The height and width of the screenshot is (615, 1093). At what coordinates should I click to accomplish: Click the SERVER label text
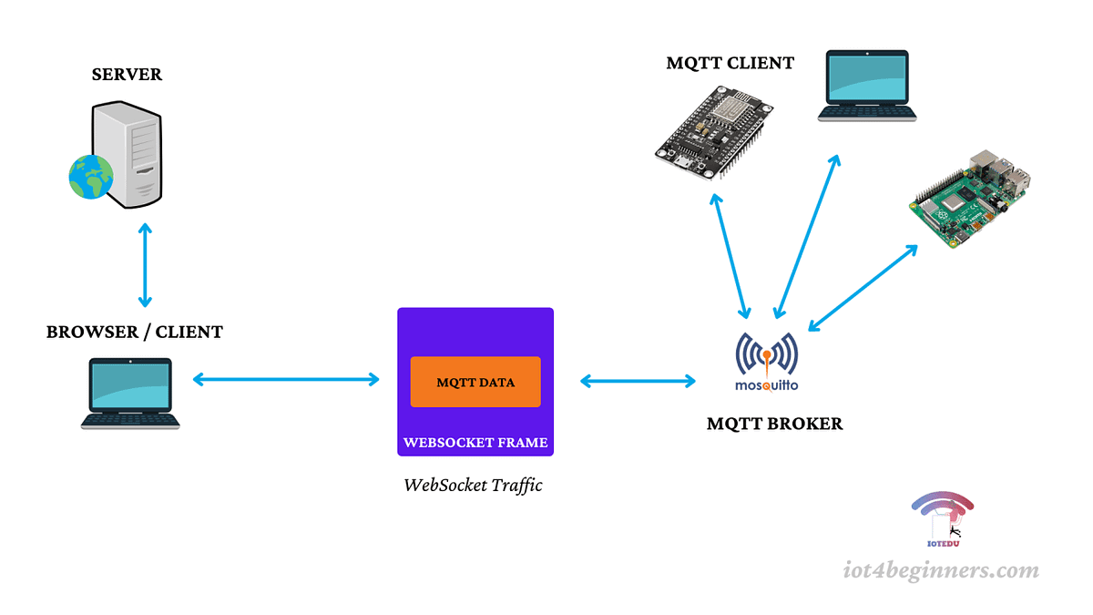pos(127,75)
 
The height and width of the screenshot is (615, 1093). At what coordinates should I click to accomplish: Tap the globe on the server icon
pos(90,176)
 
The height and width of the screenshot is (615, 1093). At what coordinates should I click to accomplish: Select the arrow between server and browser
pos(144,264)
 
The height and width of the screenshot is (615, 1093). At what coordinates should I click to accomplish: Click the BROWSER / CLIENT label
pos(135,333)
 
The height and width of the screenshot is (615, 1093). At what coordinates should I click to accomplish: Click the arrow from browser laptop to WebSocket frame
pos(285,379)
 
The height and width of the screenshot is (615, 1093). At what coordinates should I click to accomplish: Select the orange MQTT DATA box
pos(475,382)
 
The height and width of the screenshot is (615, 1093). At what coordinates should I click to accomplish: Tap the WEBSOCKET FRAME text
pos(475,443)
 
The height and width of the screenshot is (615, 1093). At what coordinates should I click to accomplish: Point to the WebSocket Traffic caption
pos(473,485)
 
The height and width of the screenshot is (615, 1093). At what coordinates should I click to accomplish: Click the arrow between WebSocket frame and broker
pos(638,381)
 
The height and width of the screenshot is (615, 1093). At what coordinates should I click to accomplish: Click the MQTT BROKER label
pos(774,424)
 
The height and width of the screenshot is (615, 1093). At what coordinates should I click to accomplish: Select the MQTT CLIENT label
pos(730,64)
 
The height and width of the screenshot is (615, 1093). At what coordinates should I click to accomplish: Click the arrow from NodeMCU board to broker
pos(732,255)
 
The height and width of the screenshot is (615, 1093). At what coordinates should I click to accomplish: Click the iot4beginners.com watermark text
pos(940,571)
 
